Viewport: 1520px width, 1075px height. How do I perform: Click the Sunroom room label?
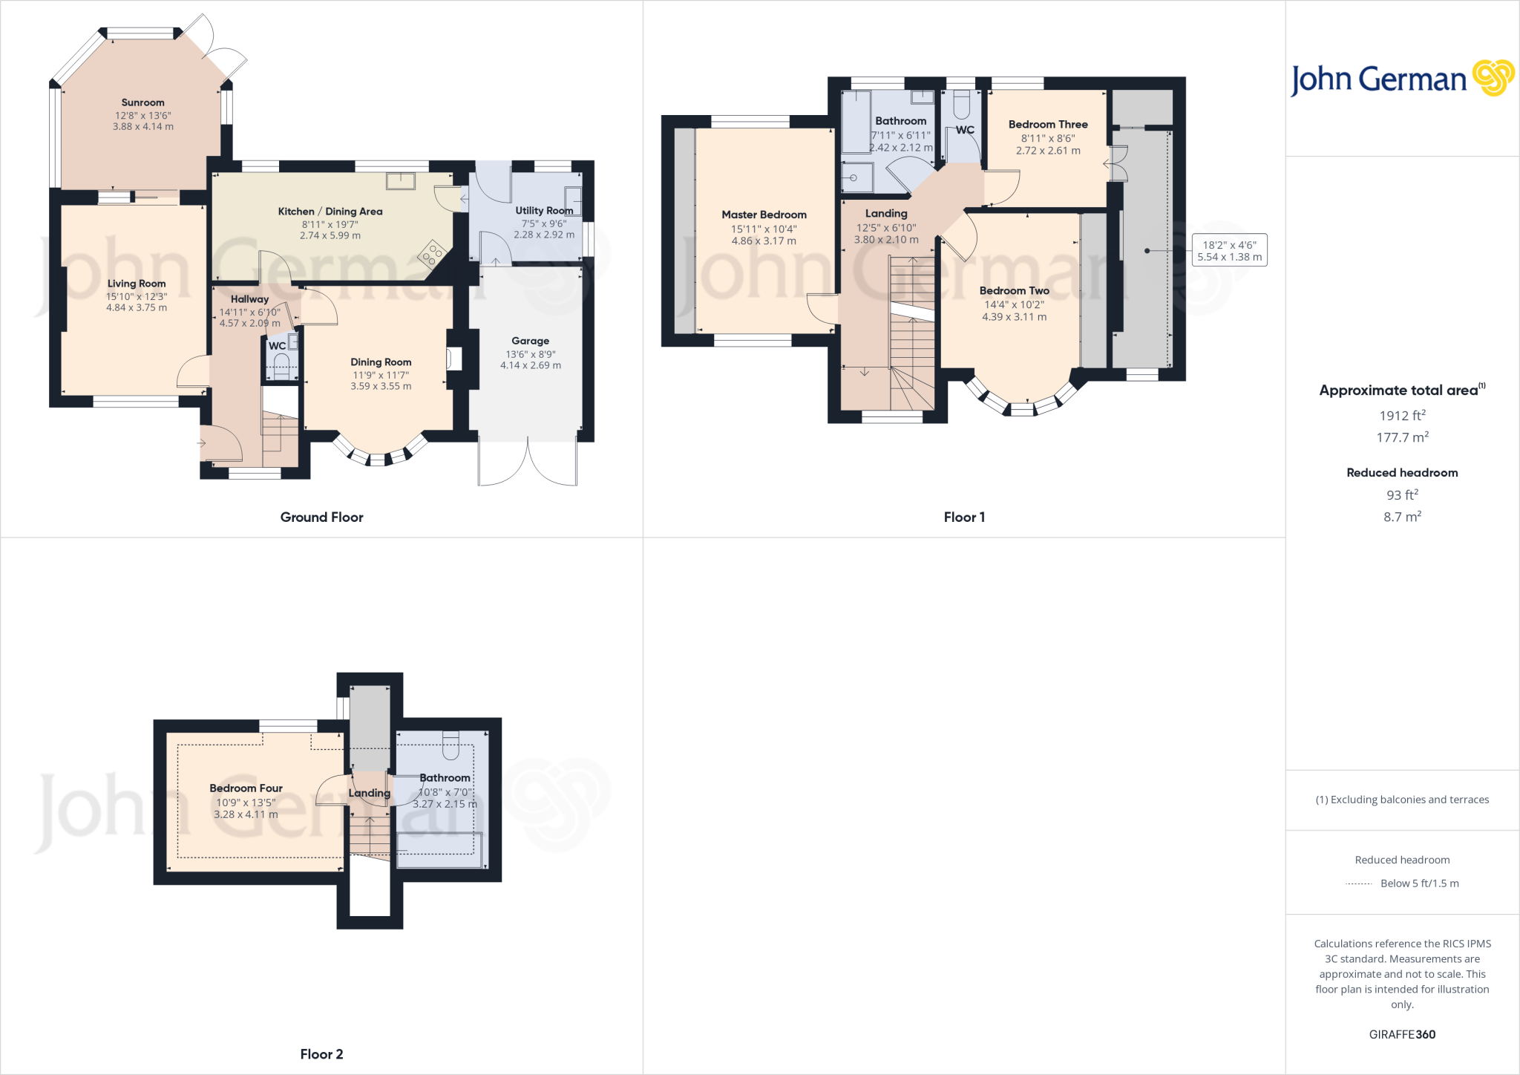(x=142, y=102)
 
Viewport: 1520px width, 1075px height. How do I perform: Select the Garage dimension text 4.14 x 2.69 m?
(x=530, y=365)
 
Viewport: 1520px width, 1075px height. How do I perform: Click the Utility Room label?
(x=543, y=210)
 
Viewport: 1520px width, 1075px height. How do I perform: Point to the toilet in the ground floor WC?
(x=281, y=365)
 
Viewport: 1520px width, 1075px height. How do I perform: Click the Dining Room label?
(x=381, y=362)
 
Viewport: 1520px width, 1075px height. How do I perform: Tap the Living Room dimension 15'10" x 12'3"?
(x=137, y=296)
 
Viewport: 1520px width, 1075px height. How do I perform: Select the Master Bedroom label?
(x=764, y=215)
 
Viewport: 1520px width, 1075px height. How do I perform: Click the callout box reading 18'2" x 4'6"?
(x=1229, y=251)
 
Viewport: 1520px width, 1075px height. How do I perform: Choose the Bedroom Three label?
(x=1047, y=124)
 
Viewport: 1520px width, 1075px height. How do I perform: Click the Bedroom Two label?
(x=1014, y=290)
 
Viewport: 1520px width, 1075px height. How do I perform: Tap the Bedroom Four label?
(x=246, y=788)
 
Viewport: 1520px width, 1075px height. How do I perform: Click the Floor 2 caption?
(x=321, y=1053)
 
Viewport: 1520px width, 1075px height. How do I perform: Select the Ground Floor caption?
(x=321, y=517)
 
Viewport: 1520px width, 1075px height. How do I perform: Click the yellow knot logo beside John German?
(x=1493, y=78)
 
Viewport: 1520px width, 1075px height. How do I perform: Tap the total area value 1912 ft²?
(x=1401, y=416)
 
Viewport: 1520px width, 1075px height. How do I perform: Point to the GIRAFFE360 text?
(x=1401, y=1034)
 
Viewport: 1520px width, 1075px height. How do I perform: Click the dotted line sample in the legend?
(x=1358, y=883)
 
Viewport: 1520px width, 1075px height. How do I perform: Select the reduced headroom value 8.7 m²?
(x=1401, y=517)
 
